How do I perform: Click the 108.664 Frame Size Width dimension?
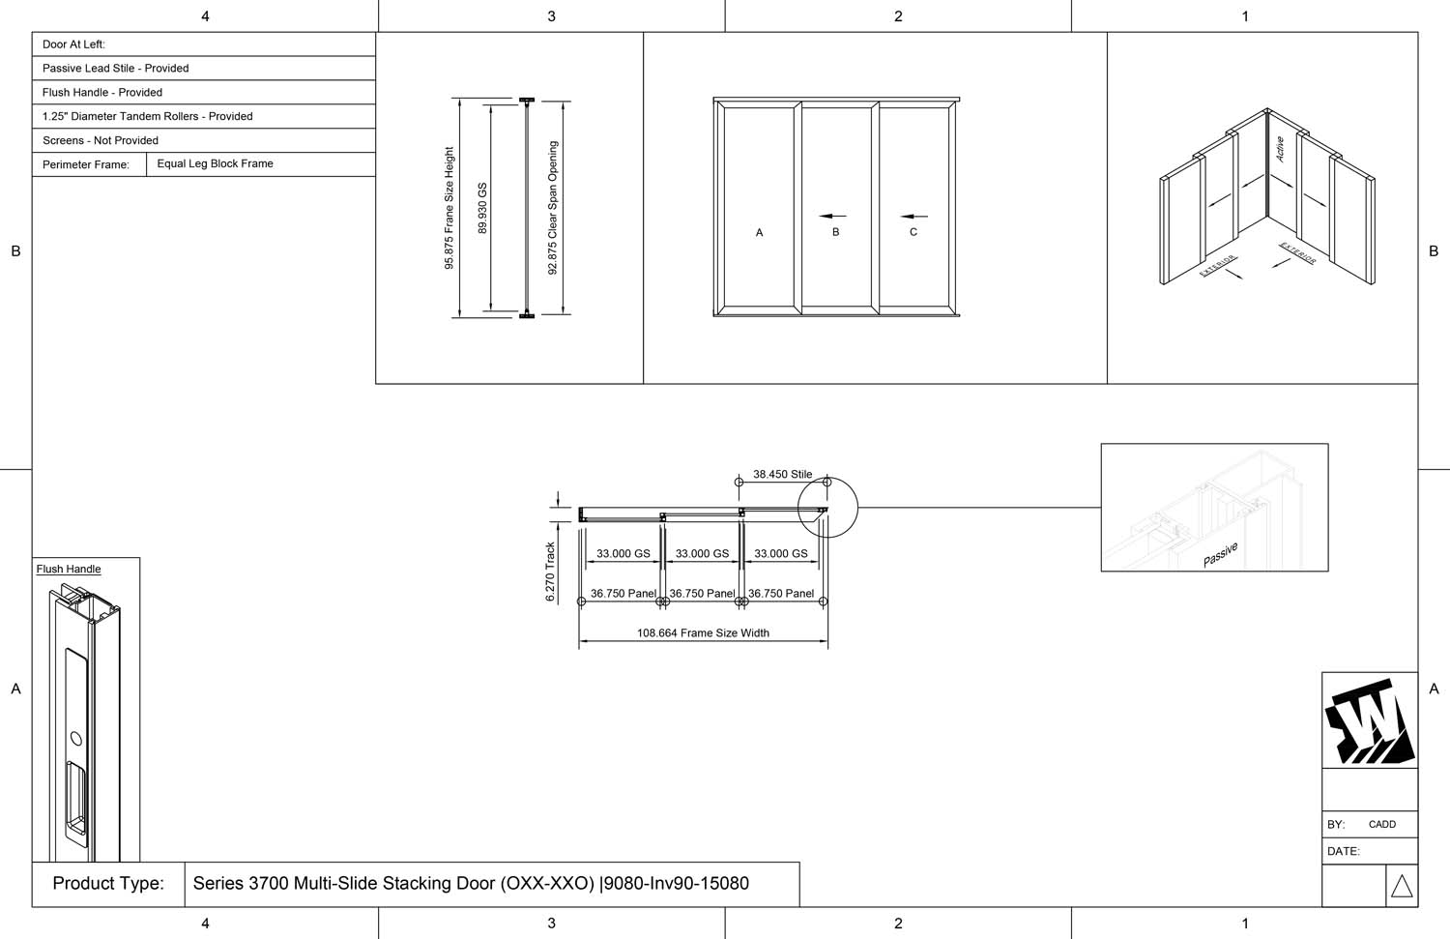703,633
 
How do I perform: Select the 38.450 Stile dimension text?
782,475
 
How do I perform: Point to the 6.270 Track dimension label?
550,572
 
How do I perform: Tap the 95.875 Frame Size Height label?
449,208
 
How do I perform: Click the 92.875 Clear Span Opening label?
553,208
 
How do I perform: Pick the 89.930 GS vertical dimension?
483,208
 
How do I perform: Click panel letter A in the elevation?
759,233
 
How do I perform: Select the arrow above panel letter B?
832,217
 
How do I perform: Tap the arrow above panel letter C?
913,217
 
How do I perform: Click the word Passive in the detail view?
1220,555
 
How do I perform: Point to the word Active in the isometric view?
1280,149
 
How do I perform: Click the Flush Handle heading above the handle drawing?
69,570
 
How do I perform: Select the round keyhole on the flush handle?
76,739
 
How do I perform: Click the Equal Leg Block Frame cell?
215,164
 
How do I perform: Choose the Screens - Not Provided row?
101,141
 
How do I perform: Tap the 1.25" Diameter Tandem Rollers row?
147,117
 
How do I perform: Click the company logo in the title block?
1369,721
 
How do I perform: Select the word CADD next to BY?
1381,825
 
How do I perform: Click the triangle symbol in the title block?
1402,886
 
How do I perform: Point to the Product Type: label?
108,884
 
